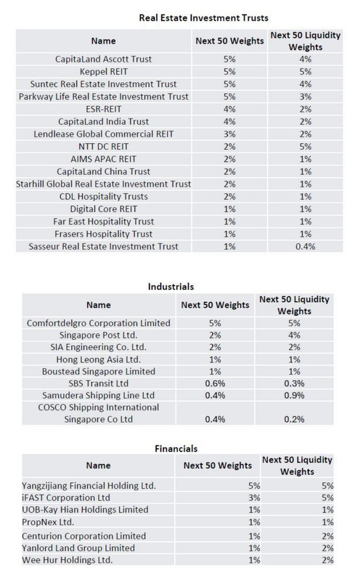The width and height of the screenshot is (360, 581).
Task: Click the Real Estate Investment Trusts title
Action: (204, 17)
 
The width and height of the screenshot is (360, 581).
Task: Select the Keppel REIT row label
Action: (103, 71)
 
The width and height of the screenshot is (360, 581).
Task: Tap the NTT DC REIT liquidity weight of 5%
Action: (305, 147)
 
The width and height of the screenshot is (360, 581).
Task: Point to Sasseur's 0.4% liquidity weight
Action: (305, 246)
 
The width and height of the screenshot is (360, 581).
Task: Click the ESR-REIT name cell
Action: (103, 109)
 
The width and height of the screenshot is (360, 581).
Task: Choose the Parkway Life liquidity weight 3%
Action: (305, 97)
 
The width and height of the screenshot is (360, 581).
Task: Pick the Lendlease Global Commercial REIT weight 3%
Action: (229, 134)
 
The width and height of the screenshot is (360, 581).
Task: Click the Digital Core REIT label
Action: (103, 209)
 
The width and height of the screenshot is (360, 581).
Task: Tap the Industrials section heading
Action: (171, 286)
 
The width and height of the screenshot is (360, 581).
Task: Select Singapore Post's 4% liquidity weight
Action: (294, 336)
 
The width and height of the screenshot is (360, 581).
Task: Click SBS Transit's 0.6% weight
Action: (215, 383)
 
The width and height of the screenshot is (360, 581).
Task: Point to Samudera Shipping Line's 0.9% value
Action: (294, 395)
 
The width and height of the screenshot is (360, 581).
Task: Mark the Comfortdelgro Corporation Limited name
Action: (99, 323)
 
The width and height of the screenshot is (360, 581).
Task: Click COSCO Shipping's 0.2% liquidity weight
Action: (294, 420)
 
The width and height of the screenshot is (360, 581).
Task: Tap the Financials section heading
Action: (176, 449)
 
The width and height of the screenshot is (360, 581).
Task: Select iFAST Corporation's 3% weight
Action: (254, 497)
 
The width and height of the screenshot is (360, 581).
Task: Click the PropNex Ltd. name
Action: (48, 522)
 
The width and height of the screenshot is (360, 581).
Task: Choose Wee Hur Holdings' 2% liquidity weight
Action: (327, 560)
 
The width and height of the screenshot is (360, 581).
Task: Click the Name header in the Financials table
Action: (98, 466)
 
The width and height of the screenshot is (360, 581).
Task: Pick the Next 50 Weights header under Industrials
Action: (215, 305)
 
